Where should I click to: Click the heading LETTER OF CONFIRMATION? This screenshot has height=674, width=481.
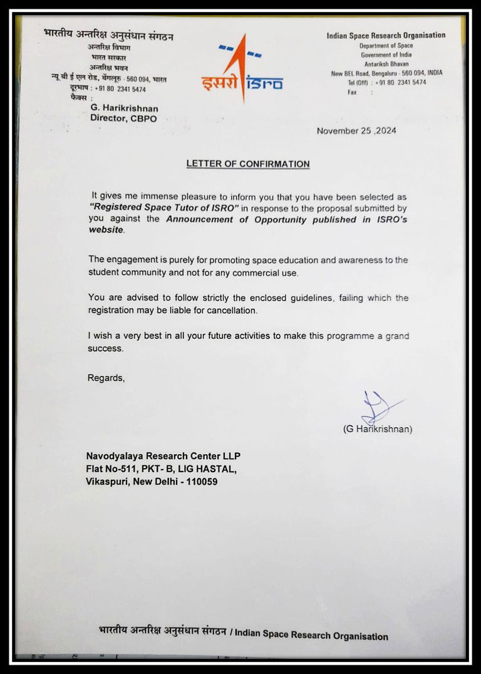pos(248,164)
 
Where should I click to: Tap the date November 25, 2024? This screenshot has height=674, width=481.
pos(356,131)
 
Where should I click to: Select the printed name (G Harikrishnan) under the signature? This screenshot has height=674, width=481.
pos(377,429)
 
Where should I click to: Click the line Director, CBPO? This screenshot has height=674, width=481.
pos(123,118)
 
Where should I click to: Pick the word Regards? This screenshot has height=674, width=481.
pos(106,378)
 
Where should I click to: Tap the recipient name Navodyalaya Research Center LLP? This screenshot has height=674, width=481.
pos(163,455)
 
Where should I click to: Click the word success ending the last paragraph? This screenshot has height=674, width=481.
pos(105,348)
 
